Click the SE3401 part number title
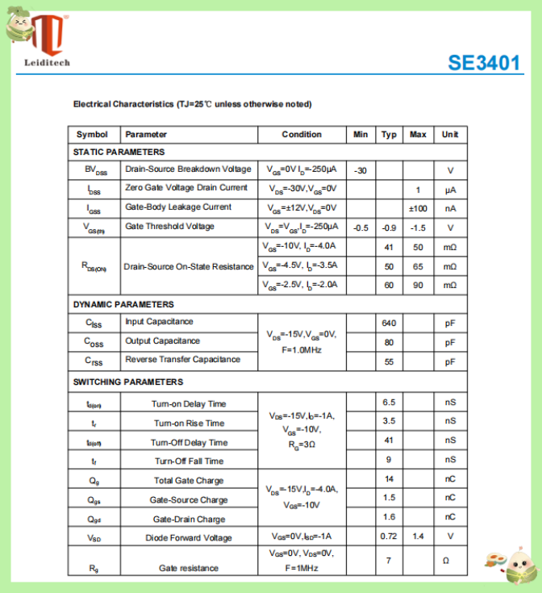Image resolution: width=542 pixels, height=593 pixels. tap(484, 63)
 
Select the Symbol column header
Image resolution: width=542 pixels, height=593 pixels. tap(92, 135)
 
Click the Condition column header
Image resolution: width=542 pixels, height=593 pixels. tap(302, 135)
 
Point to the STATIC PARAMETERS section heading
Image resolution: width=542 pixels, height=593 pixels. tap(119, 152)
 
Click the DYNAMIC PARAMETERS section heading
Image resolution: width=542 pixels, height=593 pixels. tap(123, 304)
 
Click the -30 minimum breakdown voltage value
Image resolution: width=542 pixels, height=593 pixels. tap(361, 170)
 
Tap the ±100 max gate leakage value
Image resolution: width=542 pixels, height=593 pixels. tap(418, 208)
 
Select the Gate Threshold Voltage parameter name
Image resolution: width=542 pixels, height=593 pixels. tap(170, 227)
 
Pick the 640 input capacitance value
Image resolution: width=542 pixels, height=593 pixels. tap(389, 323)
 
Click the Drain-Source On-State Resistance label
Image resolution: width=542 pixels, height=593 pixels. tap(189, 266)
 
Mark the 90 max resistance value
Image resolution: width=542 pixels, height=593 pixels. tap(418, 286)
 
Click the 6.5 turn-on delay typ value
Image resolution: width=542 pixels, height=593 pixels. tap(389, 402)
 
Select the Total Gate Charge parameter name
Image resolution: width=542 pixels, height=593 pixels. tap(190, 481)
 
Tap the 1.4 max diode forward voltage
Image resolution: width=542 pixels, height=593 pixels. tap(418, 536)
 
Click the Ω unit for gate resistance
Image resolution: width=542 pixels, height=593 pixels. tap(450, 560)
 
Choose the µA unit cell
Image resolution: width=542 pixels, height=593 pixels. tap(450, 190)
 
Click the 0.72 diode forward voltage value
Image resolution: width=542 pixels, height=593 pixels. tap(389, 536)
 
